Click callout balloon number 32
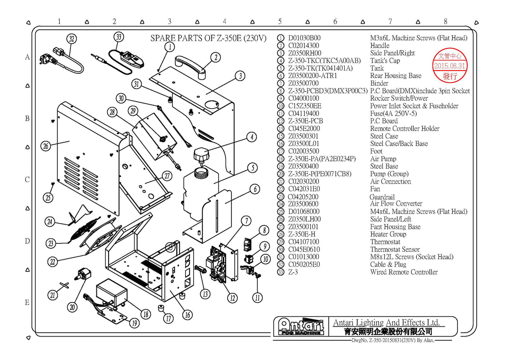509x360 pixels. pyautogui.click(x=72, y=39)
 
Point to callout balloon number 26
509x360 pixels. pyautogui.click(x=46, y=146)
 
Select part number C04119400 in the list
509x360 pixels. pyautogui.click(x=303, y=114)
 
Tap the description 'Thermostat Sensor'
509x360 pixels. pyautogui.click(x=395, y=250)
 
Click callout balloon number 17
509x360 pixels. pyautogui.click(x=169, y=318)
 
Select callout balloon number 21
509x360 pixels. pyautogui.click(x=52, y=295)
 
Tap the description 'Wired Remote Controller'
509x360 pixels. pyautogui.click(x=403, y=272)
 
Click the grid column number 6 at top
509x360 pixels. pyautogui.click(x=335, y=21)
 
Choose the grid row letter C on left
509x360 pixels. pyautogui.click(x=27, y=180)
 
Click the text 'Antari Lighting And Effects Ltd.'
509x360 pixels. pyautogui.click(x=386, y=323)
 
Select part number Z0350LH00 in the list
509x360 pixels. pyautogui.click(x=304, y=219)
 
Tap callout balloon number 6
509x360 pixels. pyautogui.click(x=255, y=189)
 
